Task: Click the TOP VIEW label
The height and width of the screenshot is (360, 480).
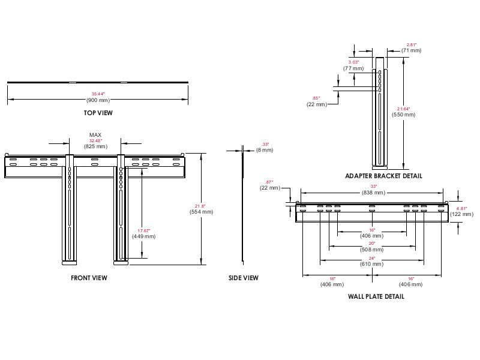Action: [98, 112]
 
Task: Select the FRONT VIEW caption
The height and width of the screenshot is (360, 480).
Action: [89, 278]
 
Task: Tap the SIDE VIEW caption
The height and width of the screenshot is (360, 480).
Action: [243, 278]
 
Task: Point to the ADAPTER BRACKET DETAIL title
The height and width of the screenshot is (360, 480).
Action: [384, 176]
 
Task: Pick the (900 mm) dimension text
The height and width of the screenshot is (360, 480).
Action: [97, 100]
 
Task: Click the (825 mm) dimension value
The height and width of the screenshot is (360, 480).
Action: [96, 146]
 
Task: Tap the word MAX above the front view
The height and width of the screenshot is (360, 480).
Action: [95, 135]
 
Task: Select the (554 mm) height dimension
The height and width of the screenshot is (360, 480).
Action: [201, 212]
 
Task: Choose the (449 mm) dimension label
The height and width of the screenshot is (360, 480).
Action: [144, 236]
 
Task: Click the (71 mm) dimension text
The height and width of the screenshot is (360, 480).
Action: [411, 50]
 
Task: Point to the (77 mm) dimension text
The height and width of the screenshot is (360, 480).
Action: [353, 68]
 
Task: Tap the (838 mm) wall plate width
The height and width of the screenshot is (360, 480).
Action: [373, 193]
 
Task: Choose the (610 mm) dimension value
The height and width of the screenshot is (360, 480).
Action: [371, 264]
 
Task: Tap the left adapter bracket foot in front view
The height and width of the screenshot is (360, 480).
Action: [69, 261]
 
